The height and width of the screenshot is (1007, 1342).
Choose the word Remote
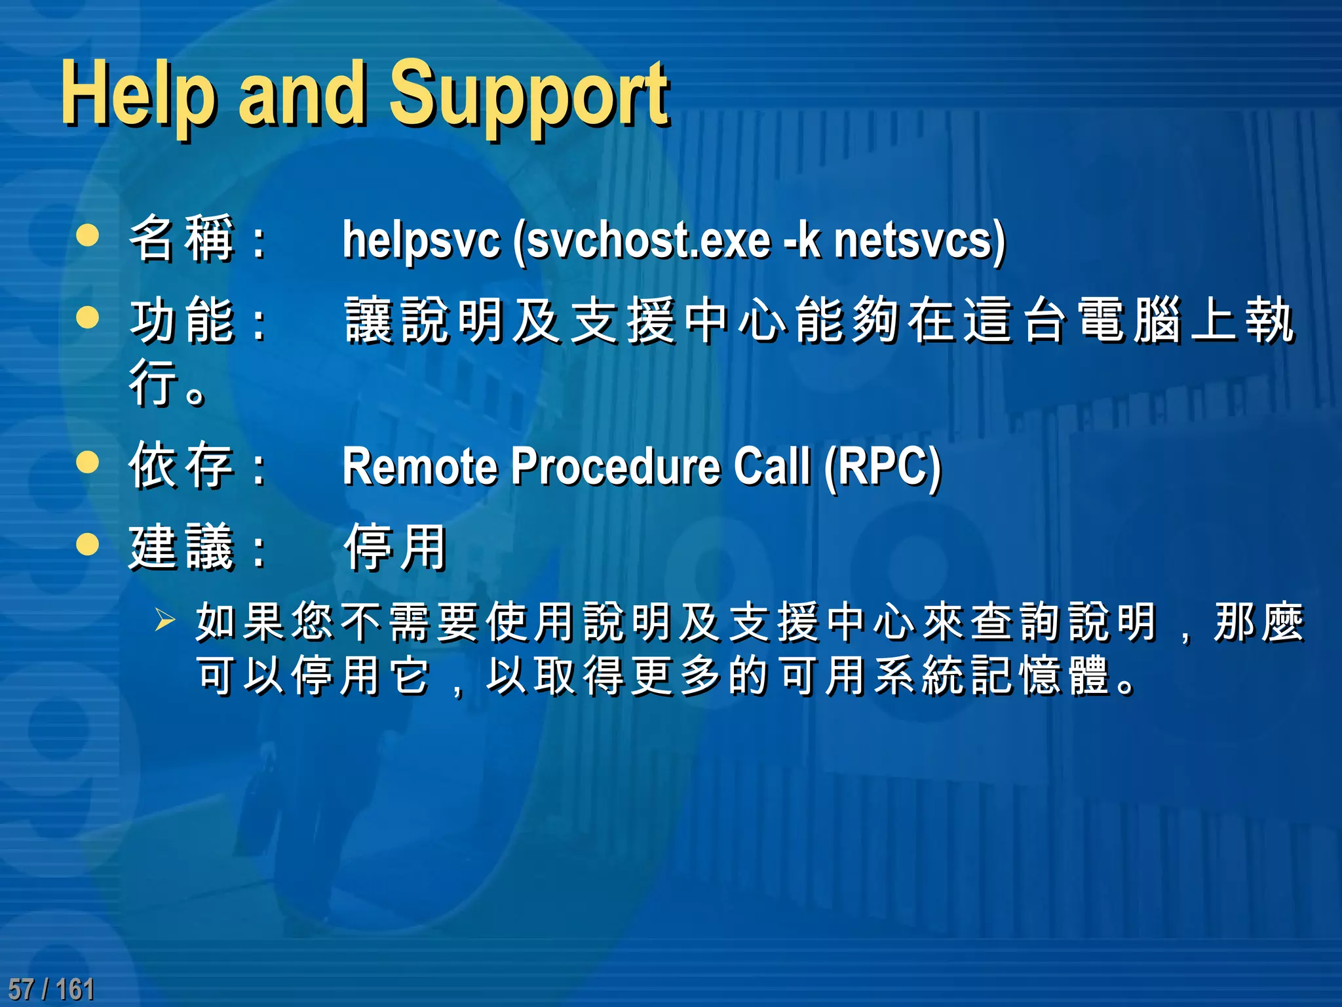pyautogui.click(x=419, y=466)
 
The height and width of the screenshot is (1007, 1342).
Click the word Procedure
pyautogui.click(x=615, y=466)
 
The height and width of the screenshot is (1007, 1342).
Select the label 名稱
pyautogui.click(x=182, y=239)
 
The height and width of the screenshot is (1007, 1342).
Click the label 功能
pyautogui.click(x=182, y=321)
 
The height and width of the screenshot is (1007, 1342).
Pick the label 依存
pyautogui.click(x=182, y=465)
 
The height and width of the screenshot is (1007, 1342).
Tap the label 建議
pyautogui.click(x=182, y=547)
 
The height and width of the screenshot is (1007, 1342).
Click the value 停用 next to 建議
pyautogui.click(x=396, y=547)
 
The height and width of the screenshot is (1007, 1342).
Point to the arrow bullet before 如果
pyautogui.click(x=165, y=620)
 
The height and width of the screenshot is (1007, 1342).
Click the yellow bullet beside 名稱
pyautogui.click(x=87, y=235)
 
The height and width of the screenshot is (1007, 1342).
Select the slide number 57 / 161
pyautogui.click(x=51, y=989)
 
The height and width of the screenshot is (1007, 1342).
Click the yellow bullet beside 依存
pyautogui.click(x=87, y=462)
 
